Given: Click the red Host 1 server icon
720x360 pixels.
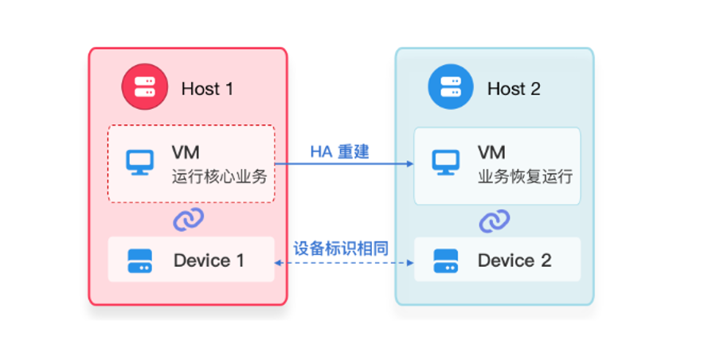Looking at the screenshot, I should click(143, 88).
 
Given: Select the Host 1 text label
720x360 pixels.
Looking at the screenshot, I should click(207, 88).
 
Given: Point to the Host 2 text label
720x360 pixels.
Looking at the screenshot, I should click(514, 88).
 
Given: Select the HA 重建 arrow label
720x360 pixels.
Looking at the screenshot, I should click(339, 151).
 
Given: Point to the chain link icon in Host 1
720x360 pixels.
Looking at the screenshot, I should click(189, 220).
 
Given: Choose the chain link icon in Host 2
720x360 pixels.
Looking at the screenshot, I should click(495, 220).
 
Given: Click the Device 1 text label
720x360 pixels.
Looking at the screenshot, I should click(209, 260).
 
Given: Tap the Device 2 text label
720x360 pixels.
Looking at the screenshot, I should click(515, 260).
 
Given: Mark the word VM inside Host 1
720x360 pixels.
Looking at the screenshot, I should click(186, 152).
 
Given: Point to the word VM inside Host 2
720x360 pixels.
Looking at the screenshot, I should click(491, 152).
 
